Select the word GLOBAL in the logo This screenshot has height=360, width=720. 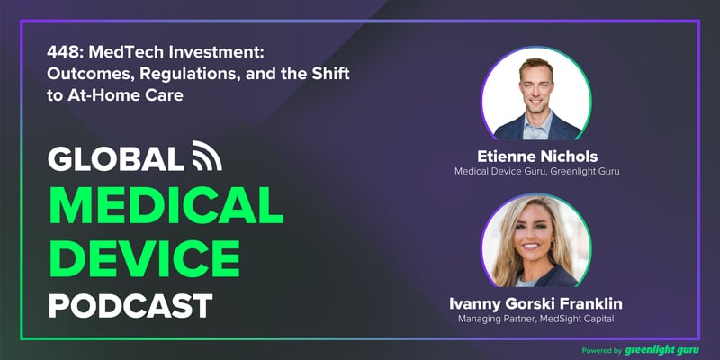tap(116, 159)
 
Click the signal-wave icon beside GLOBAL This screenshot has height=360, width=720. tap(207, 158)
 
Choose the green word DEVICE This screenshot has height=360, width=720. tap(145, 258)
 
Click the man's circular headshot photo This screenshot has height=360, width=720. tap(536, 93)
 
